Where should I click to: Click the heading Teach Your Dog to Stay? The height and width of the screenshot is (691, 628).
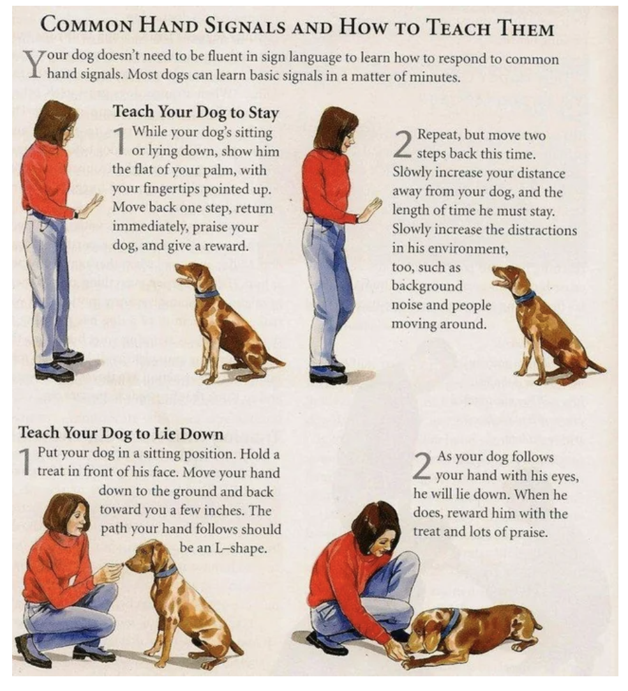pos(195,112)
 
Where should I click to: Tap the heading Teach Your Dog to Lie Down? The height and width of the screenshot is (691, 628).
pos(121,433)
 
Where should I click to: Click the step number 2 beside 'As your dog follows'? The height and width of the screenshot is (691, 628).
pos(422,467)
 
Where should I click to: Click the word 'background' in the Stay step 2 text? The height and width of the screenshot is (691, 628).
pos(426,286)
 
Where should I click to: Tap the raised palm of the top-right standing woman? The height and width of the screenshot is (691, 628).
pos(371,209)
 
